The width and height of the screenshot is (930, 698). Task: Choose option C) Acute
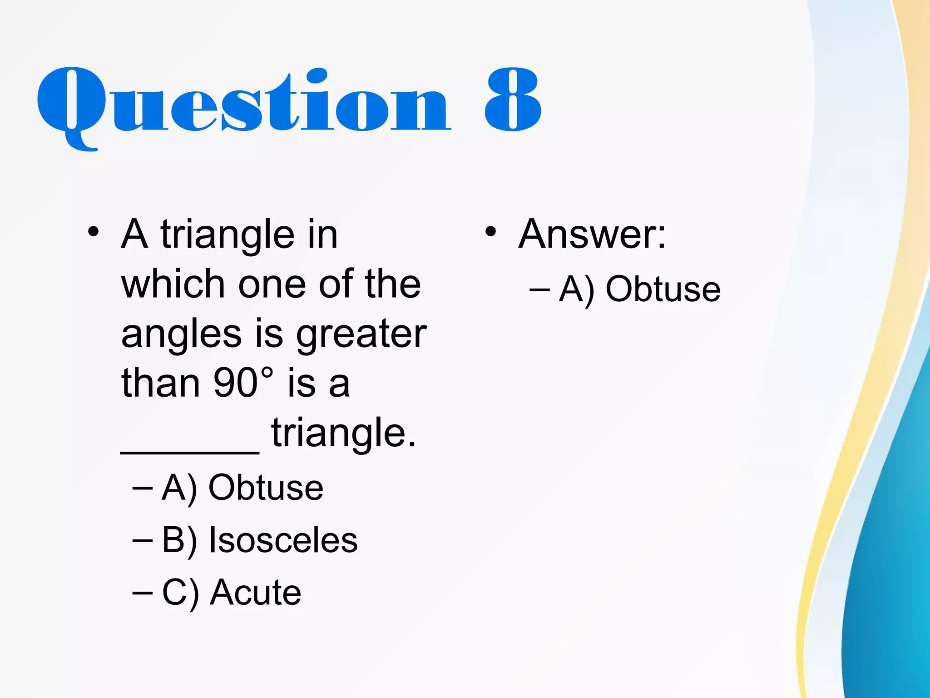coord(232,593)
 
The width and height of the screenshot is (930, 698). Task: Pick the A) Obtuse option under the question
coord(242,488)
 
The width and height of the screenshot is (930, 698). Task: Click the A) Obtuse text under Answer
coord(640,289)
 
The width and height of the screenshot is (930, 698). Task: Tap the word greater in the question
coord(361,334)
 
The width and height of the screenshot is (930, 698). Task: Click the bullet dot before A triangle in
coord(94,232)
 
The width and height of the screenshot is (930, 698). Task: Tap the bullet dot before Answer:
coord(490,232)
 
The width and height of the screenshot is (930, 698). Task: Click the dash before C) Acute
coord(142,593)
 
